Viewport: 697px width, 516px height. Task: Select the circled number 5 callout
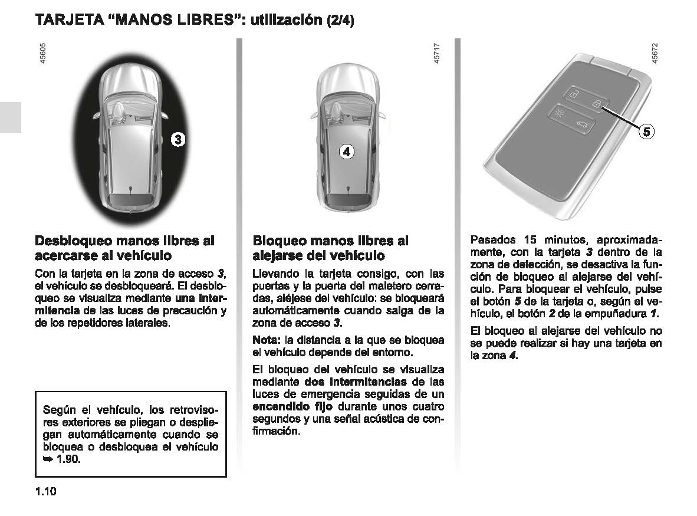647,132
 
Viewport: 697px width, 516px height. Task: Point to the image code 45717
436,57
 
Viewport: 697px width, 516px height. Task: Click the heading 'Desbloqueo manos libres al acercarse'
124,248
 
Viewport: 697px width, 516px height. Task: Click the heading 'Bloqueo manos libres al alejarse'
330,248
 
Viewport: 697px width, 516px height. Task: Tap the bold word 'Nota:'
267,340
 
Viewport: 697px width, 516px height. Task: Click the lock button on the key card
597,104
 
